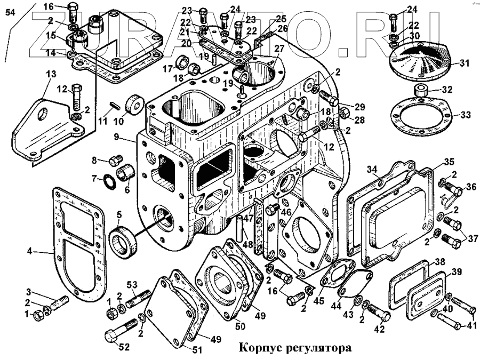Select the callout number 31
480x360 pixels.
pos(465,63)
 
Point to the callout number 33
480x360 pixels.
pos(465,115)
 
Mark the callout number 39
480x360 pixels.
pos(457,273)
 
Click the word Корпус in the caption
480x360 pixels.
pos(260,348)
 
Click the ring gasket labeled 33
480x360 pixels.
pos(421,114)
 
